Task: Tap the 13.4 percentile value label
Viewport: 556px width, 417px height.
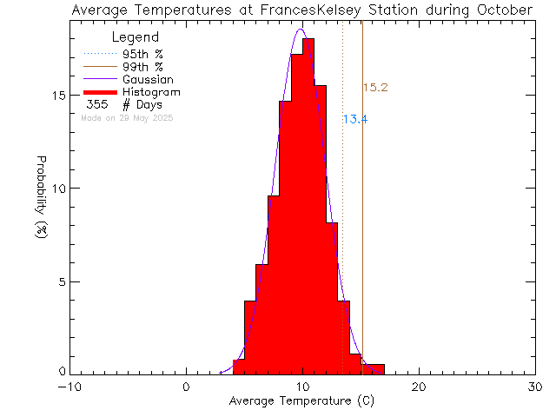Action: click(354, 120)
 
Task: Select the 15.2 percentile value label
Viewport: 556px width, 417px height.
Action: click(374, 88)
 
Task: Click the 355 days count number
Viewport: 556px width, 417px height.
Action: click(97, 105)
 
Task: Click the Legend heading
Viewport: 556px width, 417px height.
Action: click(136, 38)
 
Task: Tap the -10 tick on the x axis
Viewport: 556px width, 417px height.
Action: click(69, 387)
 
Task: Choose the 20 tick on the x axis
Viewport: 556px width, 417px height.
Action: click(419, 387)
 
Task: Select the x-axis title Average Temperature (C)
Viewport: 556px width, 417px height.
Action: click(301, 401)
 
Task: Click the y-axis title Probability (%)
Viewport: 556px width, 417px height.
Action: click(41, 201)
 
